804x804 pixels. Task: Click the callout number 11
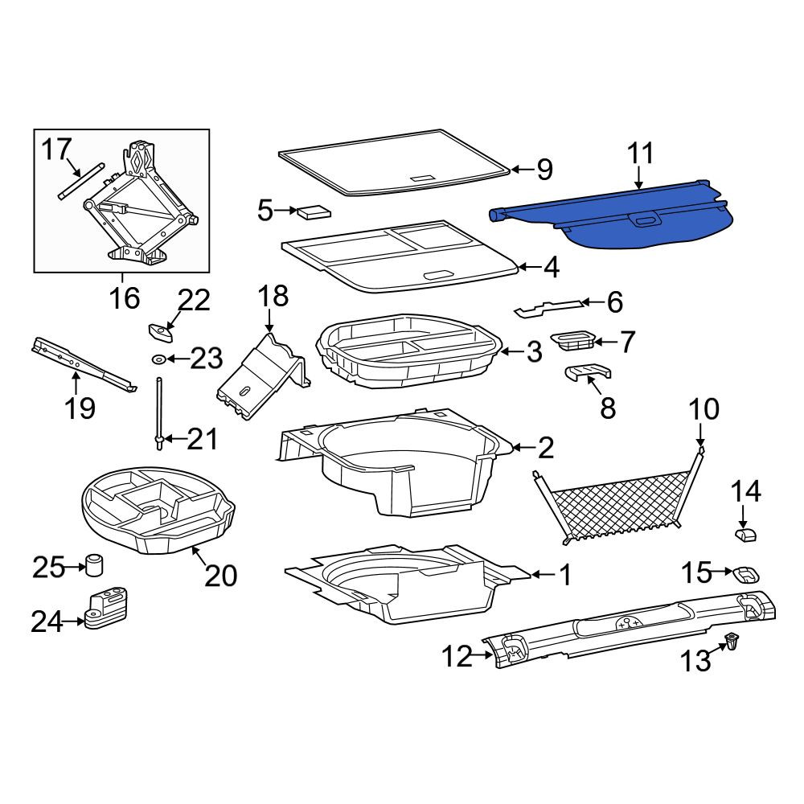(640, 154)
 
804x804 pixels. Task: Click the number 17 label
(56, 150)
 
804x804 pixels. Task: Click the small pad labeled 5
(314, 211)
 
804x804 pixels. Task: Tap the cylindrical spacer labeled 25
(93, 565)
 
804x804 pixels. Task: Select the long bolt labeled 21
(159, 413)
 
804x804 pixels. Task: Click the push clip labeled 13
(731, 642)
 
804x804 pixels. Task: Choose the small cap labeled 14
(747, 535)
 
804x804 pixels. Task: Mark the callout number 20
(221, 576)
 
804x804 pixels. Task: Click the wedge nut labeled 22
(161, 332)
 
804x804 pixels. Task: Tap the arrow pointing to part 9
(522, 169)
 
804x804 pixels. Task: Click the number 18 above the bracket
(273, 297)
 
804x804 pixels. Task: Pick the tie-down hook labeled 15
(747, 573)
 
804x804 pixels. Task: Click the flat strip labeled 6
(548, 308)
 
